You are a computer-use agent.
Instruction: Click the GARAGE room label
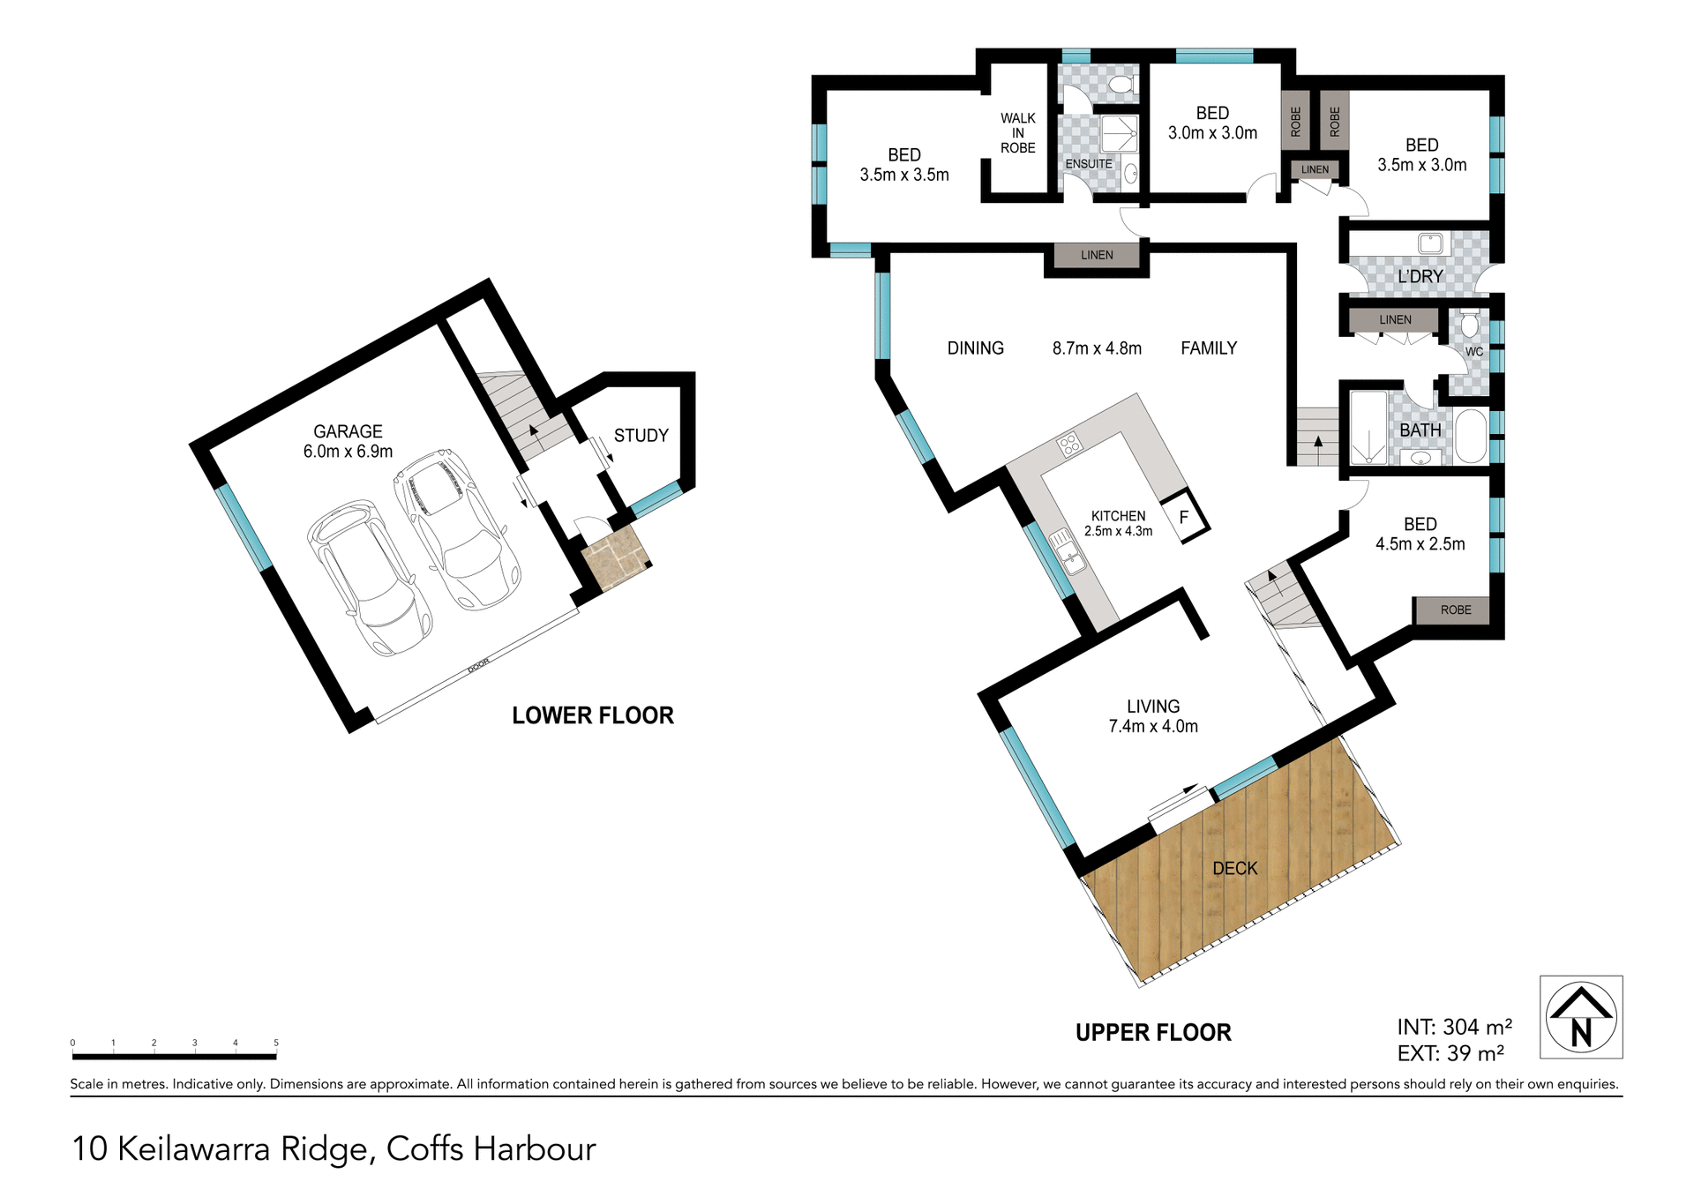coord(348,432)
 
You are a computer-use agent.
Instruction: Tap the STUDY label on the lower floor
coord(641,436)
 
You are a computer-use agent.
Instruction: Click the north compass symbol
coord(1580,1017)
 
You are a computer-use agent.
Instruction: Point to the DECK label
coord(1234,869)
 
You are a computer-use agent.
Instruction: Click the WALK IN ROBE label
coord(1017,133)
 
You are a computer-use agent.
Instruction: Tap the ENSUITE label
coord(1088,164)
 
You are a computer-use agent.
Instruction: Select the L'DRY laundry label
coord(1420,277)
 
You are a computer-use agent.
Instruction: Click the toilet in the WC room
coord(1469,325)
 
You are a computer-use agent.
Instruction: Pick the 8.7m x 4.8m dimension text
coord(1096,349)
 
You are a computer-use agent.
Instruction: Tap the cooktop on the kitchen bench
coord(1069,444)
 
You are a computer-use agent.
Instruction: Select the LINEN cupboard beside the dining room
coord(1097,255)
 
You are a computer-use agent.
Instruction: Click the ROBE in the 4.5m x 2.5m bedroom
coord(1455,610)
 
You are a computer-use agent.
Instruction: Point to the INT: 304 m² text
coord(1454,1028)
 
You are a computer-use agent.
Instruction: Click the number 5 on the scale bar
coord(276,1043)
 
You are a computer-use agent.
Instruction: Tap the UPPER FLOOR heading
coord(1152,1033)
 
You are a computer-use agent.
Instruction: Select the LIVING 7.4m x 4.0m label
coord(1152,716)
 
